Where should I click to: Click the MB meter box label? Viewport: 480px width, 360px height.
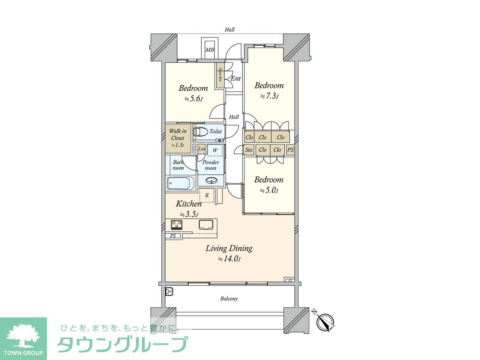tap(209, 50)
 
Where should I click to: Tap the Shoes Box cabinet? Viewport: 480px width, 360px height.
tap(220, 75)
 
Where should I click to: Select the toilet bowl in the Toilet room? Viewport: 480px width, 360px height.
tap(200, 132)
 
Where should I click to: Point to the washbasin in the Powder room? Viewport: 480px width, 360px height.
tap(211, 181)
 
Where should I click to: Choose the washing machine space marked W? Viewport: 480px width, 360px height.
tap(215, 150)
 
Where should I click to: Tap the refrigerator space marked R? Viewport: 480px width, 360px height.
tap(207, 195)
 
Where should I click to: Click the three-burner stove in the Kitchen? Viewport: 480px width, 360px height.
tap(177, 225)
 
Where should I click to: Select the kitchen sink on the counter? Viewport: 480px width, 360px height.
tap(206, 225)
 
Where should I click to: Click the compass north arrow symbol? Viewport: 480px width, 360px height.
tap(325, 322)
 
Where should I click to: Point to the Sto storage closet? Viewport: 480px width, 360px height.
tap(249, 150)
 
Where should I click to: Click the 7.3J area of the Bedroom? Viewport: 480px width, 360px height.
tap(269, 96)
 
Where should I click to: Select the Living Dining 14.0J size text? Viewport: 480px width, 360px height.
tap(229, 259)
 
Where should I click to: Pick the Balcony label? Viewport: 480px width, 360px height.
tap(229, 298)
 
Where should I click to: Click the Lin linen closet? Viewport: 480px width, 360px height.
tap(201, 149)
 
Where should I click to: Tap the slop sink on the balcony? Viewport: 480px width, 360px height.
tap(169, 291)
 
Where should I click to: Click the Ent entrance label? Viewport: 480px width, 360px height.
tap(236, 78)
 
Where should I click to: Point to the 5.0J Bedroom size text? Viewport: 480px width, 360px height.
tap(269, 190)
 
